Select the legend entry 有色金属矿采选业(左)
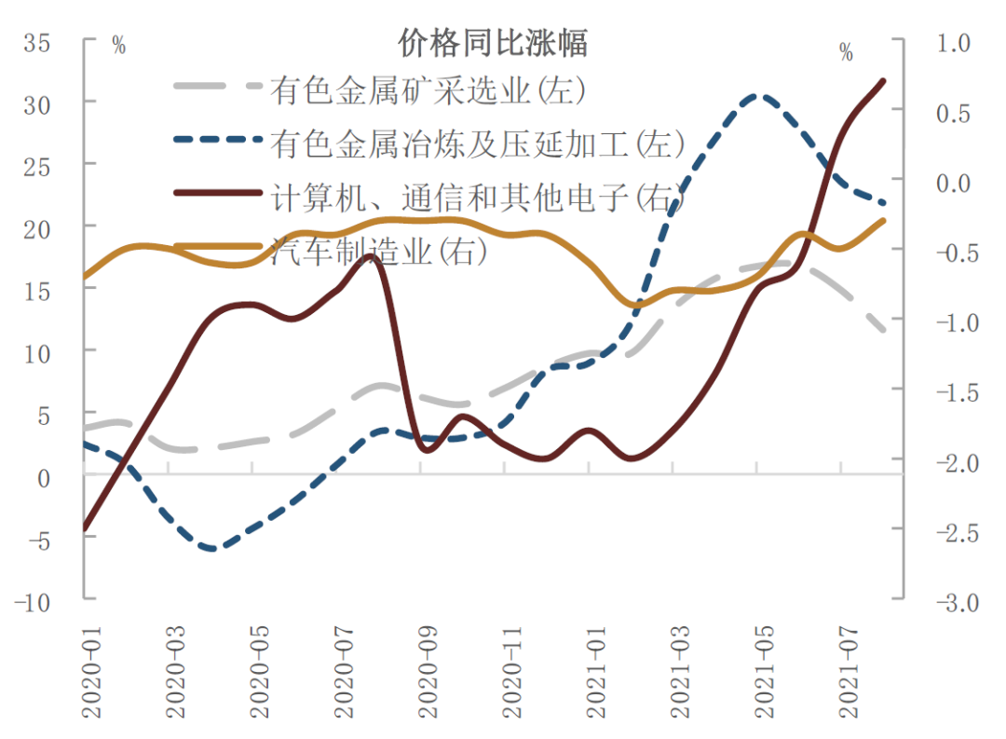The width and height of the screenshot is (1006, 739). tap(428, 89)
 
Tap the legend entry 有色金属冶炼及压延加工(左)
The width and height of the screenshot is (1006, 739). tap(478, 143)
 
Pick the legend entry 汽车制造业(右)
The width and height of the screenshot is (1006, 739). tap(377, 250)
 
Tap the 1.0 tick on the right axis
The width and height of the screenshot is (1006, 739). tap(951, 43)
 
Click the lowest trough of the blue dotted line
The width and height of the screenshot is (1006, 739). tap(212, 549)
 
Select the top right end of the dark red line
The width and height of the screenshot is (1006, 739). tap(883, 81)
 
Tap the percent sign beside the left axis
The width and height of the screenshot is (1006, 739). tap(118, 46)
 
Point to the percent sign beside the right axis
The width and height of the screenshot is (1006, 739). tap(846, 52)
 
